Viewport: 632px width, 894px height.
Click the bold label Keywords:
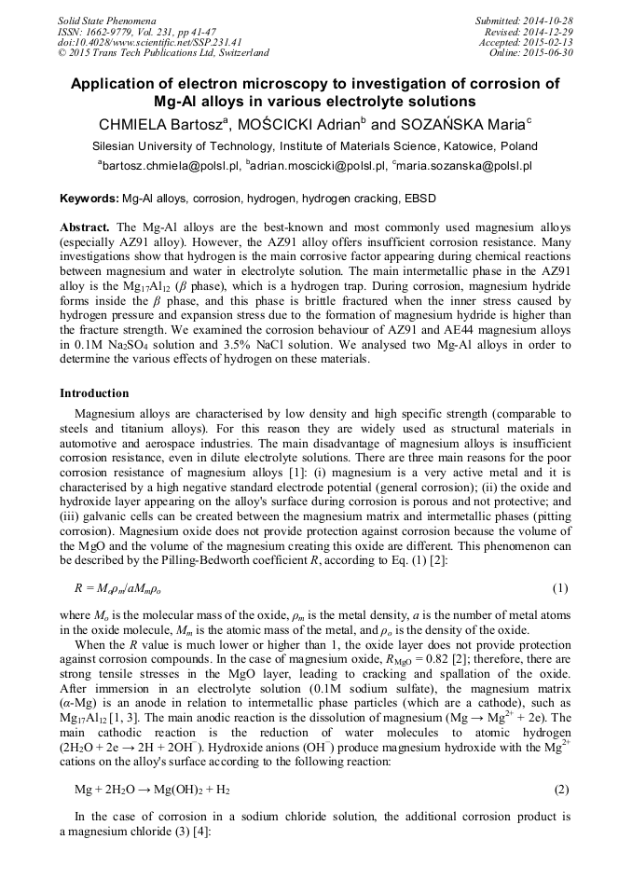pos(89,199)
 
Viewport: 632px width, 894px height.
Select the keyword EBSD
pos(419,199)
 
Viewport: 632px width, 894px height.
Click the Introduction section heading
pos(94,392)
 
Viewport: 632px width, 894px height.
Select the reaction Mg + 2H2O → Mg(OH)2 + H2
pos(152,790)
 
